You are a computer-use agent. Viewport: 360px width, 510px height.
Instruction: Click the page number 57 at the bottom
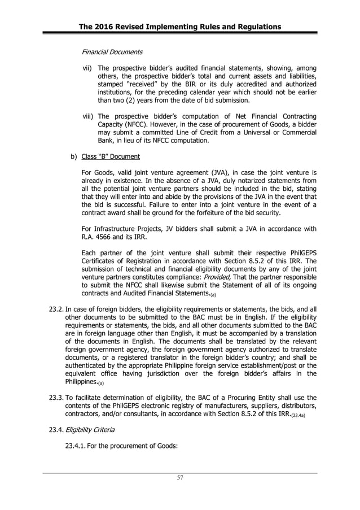coord(179,478)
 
